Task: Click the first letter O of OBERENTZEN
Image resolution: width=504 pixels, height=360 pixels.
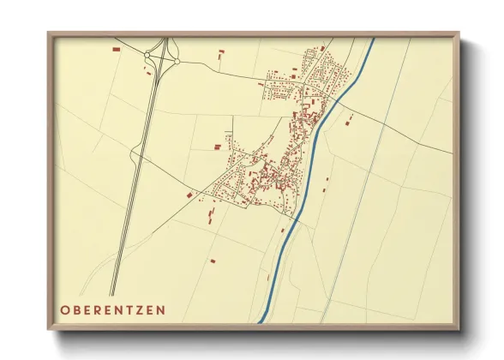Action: tap(65, 308)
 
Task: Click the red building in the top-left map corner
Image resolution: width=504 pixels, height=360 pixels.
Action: tap(116, 50)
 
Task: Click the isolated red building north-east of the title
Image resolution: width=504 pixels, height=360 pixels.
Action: tap(213, 261)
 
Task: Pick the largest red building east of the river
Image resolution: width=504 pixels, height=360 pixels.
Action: tap(347, 123)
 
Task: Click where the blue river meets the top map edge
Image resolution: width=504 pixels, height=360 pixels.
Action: tap(374, 39)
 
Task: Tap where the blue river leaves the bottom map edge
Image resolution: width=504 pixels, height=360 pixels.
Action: tap(259, 321)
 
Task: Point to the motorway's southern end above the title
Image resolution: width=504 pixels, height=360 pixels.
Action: tap(112, 294)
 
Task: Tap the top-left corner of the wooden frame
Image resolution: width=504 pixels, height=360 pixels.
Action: tap(49, 33)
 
